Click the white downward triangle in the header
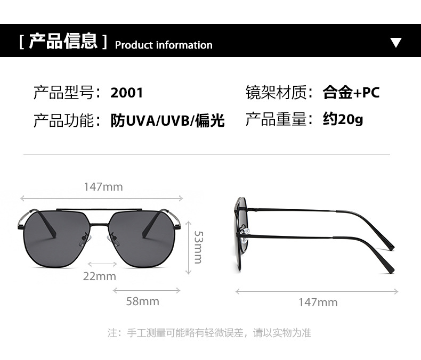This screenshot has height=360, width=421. click(395, 43)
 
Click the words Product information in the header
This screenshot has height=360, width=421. click(164, 45)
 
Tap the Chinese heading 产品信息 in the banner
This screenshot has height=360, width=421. click(63, 41)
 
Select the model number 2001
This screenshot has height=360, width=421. click(127, 93)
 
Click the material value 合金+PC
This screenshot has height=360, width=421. click(351, 92)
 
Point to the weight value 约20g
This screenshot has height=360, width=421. click(343, 119)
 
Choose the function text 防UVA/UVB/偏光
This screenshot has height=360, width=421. click(167, 120)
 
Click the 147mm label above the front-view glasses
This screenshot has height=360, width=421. click(103, 186)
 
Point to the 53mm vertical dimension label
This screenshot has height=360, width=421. click(198, 247)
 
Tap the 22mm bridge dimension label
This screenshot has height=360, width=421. click(99, 276)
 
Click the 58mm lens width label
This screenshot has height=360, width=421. click(142, 301)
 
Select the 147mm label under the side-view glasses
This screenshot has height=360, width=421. click(318, 302)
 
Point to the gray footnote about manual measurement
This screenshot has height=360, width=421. click(209, 333)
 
